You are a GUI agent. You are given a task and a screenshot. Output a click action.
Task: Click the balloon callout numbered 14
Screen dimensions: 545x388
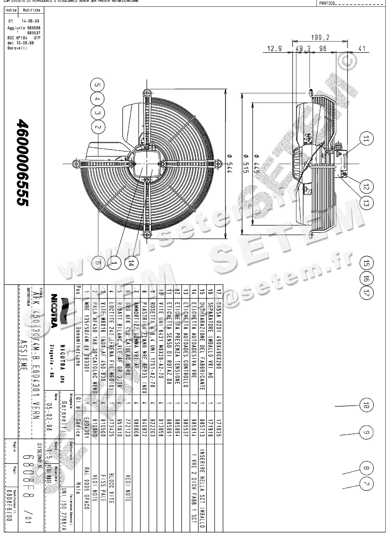point(131,264)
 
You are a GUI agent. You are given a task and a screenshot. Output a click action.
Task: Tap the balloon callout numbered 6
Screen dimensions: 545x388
point(97,264)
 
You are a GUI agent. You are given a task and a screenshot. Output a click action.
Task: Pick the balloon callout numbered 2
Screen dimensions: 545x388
point(98,127)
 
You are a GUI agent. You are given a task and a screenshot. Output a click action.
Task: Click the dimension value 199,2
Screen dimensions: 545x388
point(320,37)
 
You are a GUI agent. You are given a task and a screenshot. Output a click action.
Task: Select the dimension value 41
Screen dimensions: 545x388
point(362,49)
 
